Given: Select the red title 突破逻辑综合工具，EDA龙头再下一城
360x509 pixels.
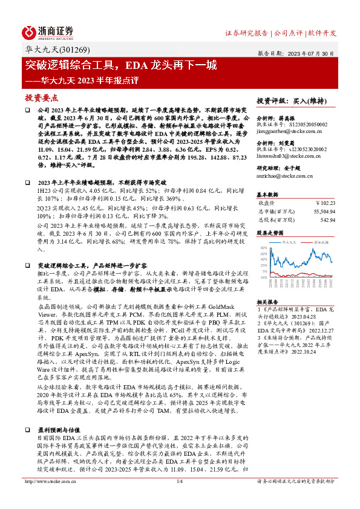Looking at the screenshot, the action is coord(121,65).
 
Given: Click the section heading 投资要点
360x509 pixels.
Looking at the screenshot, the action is coord(42,97).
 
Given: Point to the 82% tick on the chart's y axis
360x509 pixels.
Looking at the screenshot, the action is coord(264,248).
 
